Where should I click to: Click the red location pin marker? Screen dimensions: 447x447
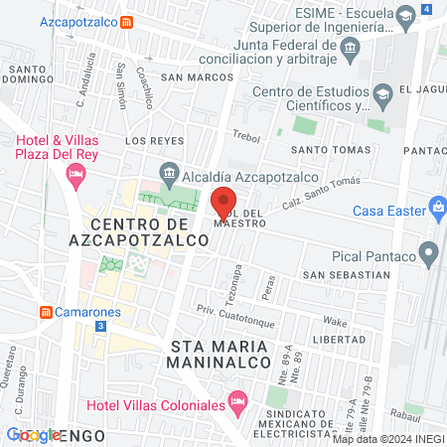223,203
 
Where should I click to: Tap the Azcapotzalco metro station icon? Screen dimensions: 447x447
126,21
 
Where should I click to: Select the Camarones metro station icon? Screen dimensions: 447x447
45,312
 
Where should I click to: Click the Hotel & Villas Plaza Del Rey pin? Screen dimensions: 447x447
74,176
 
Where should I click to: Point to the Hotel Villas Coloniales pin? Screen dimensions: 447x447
236,402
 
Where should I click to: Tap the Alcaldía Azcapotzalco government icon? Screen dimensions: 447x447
168,170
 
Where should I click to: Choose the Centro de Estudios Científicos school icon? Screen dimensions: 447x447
381,96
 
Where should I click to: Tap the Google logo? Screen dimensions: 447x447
33,435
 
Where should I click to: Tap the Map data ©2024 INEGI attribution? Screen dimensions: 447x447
387,439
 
